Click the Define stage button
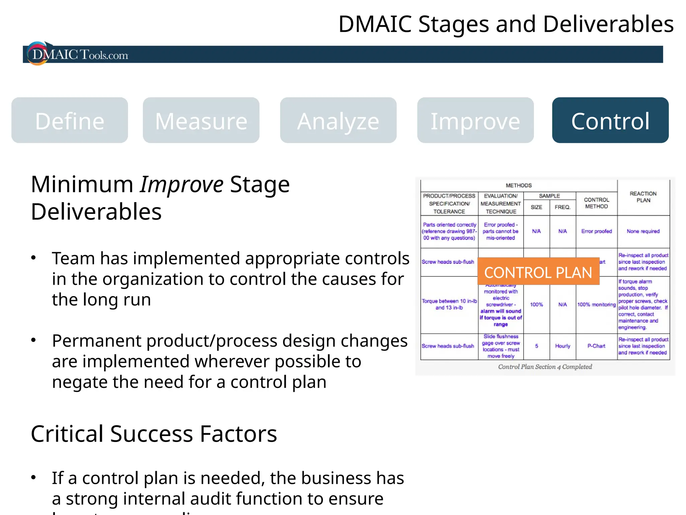(70, 121)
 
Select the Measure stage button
(201, 121)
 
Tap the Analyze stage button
(338, 121)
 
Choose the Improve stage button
(475, 121)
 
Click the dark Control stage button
(610, 121)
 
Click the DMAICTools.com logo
(79, 54)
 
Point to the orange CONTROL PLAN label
(538, 272)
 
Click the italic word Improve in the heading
(182, 184)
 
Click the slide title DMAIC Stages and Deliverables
(506, 24)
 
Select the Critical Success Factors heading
(154, 434)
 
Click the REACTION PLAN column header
(643, 197)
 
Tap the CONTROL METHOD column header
(596, 203)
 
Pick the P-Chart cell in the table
(596, 346)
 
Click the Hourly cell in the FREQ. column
(562, 346)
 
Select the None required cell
(643, 231)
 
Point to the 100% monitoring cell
(596, 304)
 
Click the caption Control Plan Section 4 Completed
(545, 367)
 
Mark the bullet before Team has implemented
(33, 258)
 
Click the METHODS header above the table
(519, 185)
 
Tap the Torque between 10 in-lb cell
(449, 304)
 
